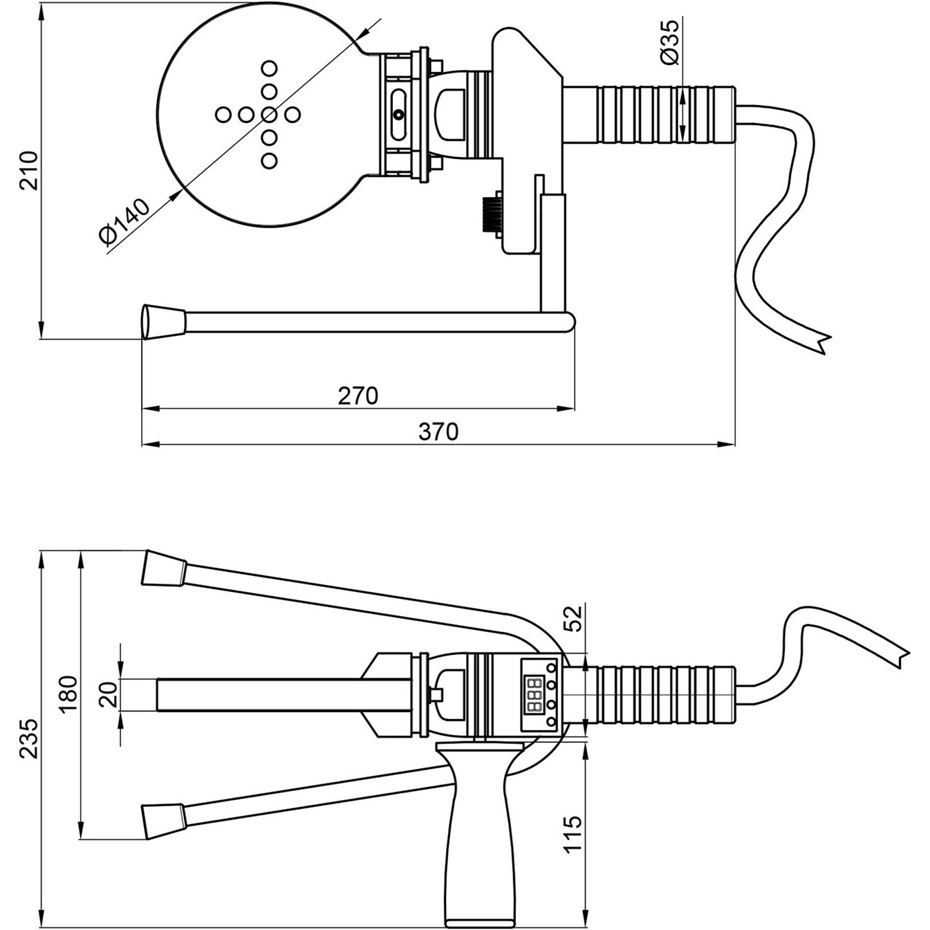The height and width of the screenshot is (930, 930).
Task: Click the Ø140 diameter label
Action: tap(124, 221)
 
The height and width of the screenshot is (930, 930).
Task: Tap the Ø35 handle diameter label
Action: tap(669, 42)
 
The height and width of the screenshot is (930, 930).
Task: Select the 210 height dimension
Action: tap(29, 170)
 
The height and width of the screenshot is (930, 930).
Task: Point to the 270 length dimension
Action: tap(357, 396)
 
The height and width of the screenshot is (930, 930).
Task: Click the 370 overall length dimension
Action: tap(438, 431)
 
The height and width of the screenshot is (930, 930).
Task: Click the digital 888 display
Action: tap(534, 695)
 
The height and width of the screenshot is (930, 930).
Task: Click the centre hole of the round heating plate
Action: tap(269, 114)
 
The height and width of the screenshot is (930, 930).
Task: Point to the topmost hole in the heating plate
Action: tap(269, 68)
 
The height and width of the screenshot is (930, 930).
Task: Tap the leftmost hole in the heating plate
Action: tap(223, 114)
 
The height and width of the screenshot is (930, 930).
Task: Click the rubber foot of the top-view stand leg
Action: tap(164, 322)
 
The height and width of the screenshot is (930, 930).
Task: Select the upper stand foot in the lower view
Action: tap(163, 569)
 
